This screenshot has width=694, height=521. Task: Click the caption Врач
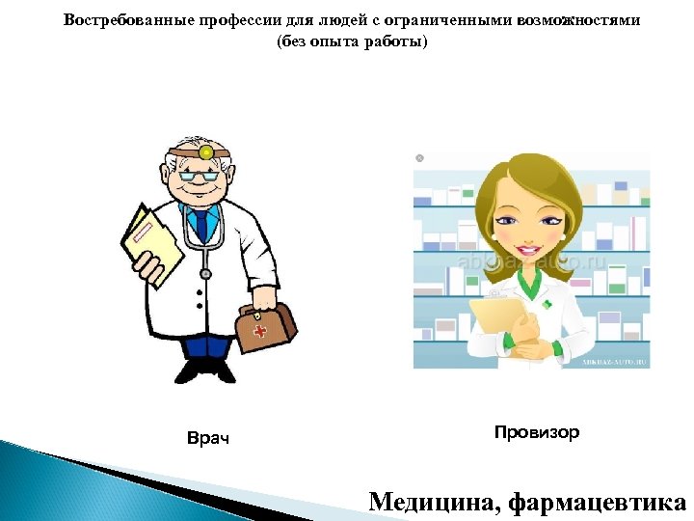point(207,439)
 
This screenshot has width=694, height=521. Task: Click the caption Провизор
point(537,432)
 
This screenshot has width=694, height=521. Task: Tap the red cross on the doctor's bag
point(259,331)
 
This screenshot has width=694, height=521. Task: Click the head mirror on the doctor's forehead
point(205,151)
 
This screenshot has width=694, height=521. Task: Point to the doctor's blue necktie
point(200,224)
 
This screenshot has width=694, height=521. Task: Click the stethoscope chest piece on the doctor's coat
point(204,274)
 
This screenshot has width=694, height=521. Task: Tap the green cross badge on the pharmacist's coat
point(547,304)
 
